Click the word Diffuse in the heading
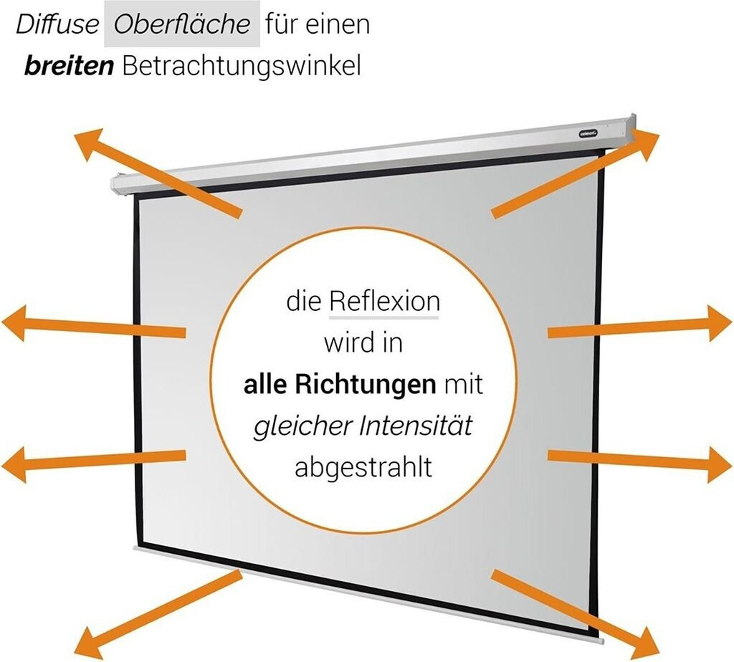pos(57,25)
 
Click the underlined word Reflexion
pos(384,302)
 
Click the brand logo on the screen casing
pos(589,130)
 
